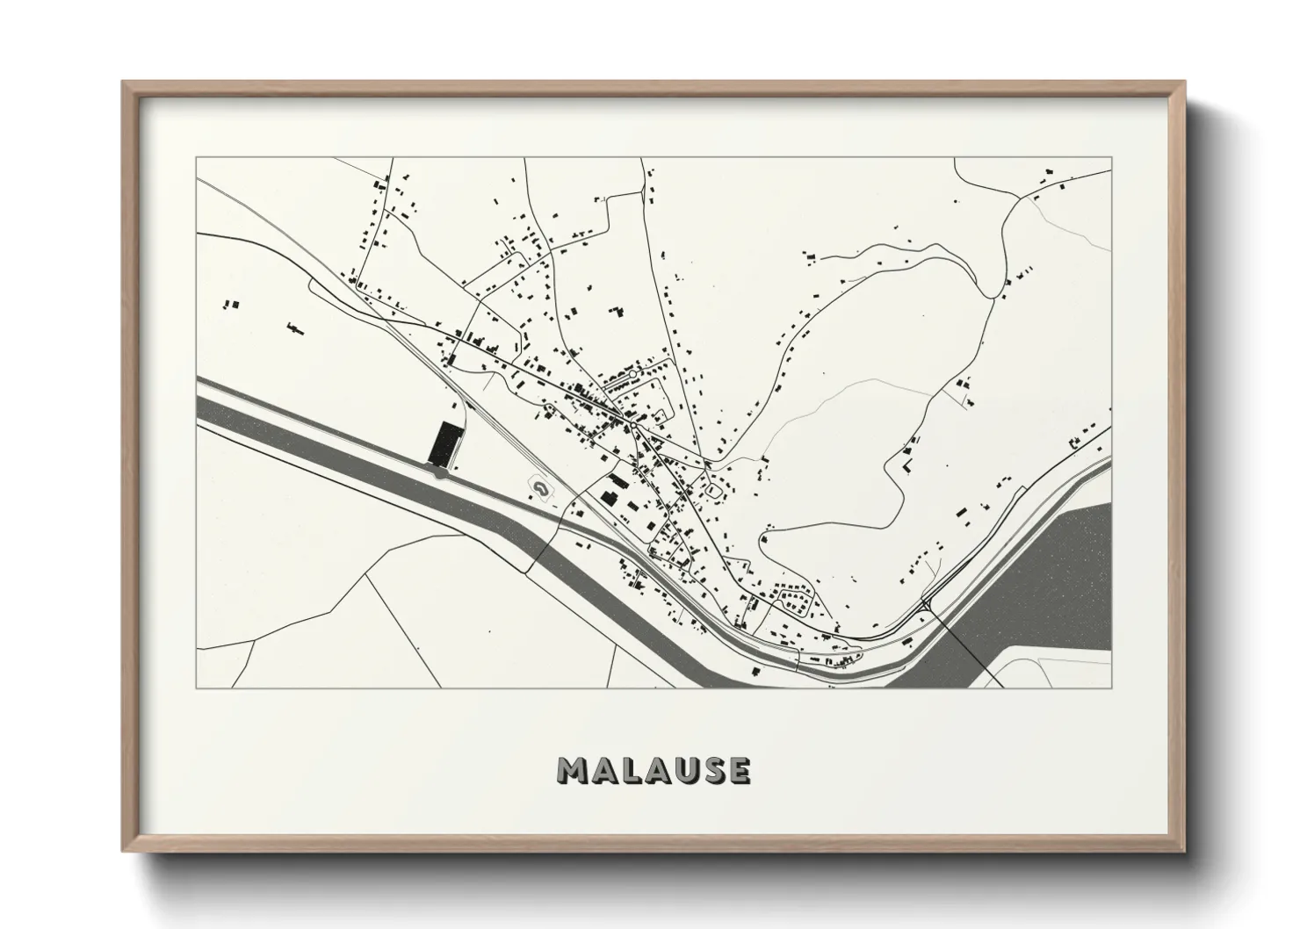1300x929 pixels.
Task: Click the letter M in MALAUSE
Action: click(x=572, y=770)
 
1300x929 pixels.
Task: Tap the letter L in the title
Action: click(x=630, y=770)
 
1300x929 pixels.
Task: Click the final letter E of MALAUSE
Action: click(x=739, y=770)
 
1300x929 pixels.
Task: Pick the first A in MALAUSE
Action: click(x=603, y=770)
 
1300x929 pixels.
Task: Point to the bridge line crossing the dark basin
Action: click(x=966, y=641)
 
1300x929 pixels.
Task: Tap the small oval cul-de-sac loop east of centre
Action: click(x=715, y=488)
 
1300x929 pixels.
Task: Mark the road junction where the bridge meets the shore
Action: click(x=928, y=603)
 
